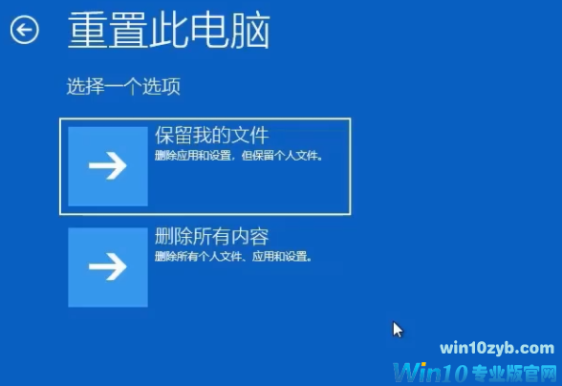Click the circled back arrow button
click(x=24, y=31)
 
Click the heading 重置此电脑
click(x=168, y=32)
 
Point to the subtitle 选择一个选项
click(x=123, y=87)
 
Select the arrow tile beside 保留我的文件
click(x=108, y=166)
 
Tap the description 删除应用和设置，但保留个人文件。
click(x=239, y=155)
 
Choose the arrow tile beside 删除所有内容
click(x=108, y=267)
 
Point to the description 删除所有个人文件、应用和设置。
click(x=233, y=256)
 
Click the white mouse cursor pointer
click(x=398, y=330)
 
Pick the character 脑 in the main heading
click(x=252, y=32)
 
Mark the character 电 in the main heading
click(x=210, y=32)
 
